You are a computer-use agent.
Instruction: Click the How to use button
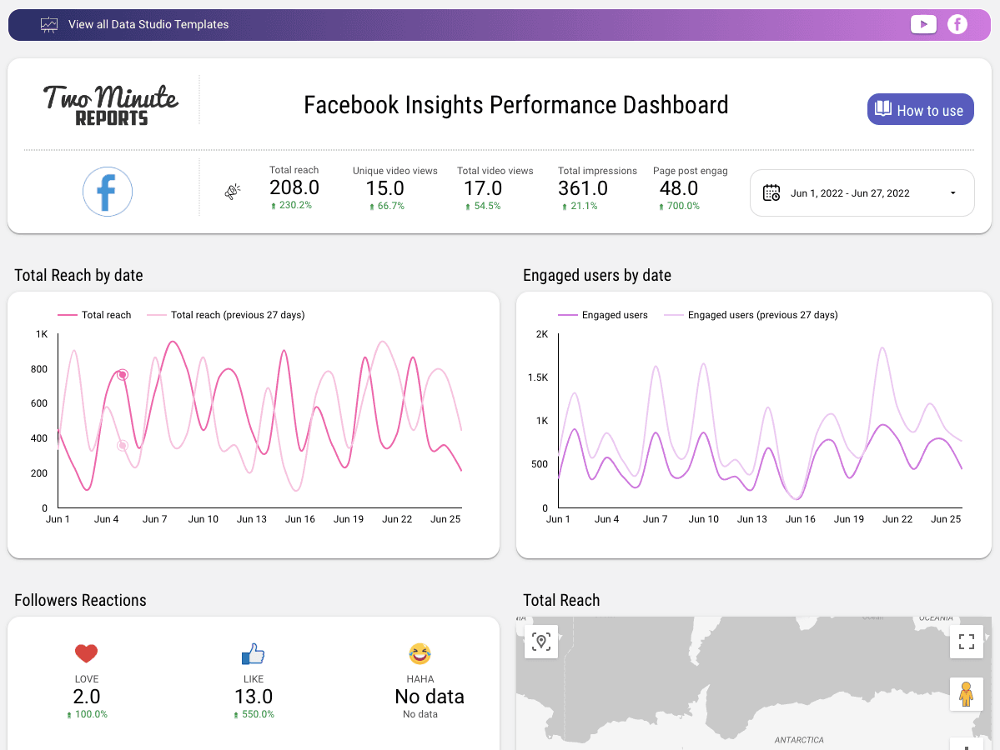(x=920, y=110)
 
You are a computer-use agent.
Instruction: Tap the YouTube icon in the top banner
(x=923, y=24)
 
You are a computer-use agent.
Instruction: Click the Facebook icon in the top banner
(x=957, y=24)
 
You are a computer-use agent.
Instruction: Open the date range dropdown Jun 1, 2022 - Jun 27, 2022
(x=862, y=193)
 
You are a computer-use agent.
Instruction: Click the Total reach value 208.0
(x=294, y=188)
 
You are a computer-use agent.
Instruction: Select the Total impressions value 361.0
(x=583, y=188)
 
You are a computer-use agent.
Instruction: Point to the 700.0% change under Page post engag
(x=679, y=206)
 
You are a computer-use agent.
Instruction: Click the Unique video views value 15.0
(x=385, y=188)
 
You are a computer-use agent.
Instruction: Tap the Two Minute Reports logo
(x=110, y=105)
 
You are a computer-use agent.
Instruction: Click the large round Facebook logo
(x=108, y=192)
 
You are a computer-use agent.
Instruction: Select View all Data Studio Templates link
(x=148, y=24)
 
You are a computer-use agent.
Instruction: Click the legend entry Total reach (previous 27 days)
(x=237, y=315)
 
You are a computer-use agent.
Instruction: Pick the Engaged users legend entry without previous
(x=614, y=315)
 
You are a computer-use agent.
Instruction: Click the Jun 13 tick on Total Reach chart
(x=251, y=519)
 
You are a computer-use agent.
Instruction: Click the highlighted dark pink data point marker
(x=123, y=375)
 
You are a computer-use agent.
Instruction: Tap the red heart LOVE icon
(x=86, y=653)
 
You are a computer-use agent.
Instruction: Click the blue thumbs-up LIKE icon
(x=253, y=653)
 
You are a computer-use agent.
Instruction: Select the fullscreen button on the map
(x=966, y=642)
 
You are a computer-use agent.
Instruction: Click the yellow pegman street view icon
(x=966, y=693)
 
